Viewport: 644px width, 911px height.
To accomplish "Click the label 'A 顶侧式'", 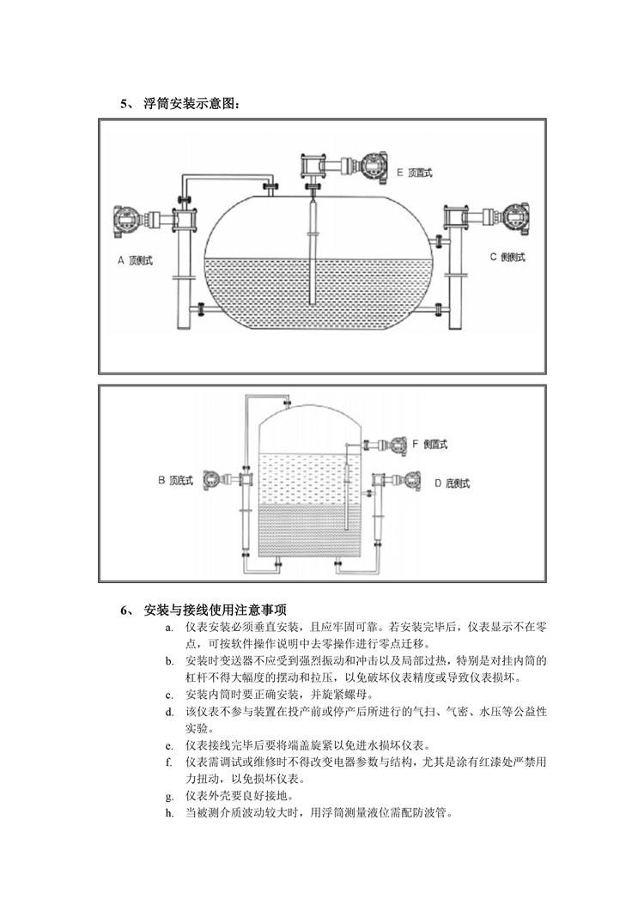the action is tap(135, 261).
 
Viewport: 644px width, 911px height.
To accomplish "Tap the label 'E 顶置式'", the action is tap(415, 173).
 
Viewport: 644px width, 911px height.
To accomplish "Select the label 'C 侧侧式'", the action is tap(507, 257).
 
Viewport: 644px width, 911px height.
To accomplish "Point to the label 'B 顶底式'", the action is tap(175, 481).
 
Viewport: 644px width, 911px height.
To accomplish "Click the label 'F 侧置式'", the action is tap(430, 445).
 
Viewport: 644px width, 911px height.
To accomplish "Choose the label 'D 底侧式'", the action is tap(453, 483).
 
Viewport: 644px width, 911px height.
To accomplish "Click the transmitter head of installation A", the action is tap(127, 221).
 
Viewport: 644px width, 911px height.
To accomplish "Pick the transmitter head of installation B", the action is tap(213, 480).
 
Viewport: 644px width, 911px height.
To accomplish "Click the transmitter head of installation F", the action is tap(399, 445).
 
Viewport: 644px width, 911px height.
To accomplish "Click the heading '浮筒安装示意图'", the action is tap(191, 104).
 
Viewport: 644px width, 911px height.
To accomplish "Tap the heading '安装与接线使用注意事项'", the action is tap(215, 610).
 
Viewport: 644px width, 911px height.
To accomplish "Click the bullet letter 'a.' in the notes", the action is tap(169, 628).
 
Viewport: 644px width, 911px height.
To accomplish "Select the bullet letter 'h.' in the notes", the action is tap(169, 813).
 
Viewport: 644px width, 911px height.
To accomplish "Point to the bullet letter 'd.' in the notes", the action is tap(169, 713).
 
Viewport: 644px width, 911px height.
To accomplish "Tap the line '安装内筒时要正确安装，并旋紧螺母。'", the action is tap(280, 695).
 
